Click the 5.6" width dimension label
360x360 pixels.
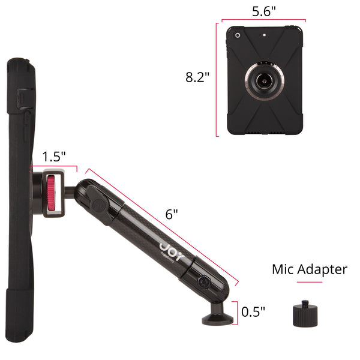click(x=264, y=11)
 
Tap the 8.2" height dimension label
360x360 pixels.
click(x=197, y=77)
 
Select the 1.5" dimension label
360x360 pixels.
click(x=54, y=157)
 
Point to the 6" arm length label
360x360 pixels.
click(x=172, y=214)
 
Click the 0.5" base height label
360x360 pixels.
click(x=253, y=311)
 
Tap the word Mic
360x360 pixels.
click(x=283, y=269)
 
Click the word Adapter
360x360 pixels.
click(x=322, y=270)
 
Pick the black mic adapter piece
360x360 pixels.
click(x=305, y=313)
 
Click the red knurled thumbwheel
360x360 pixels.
click(x=51, y=193)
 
